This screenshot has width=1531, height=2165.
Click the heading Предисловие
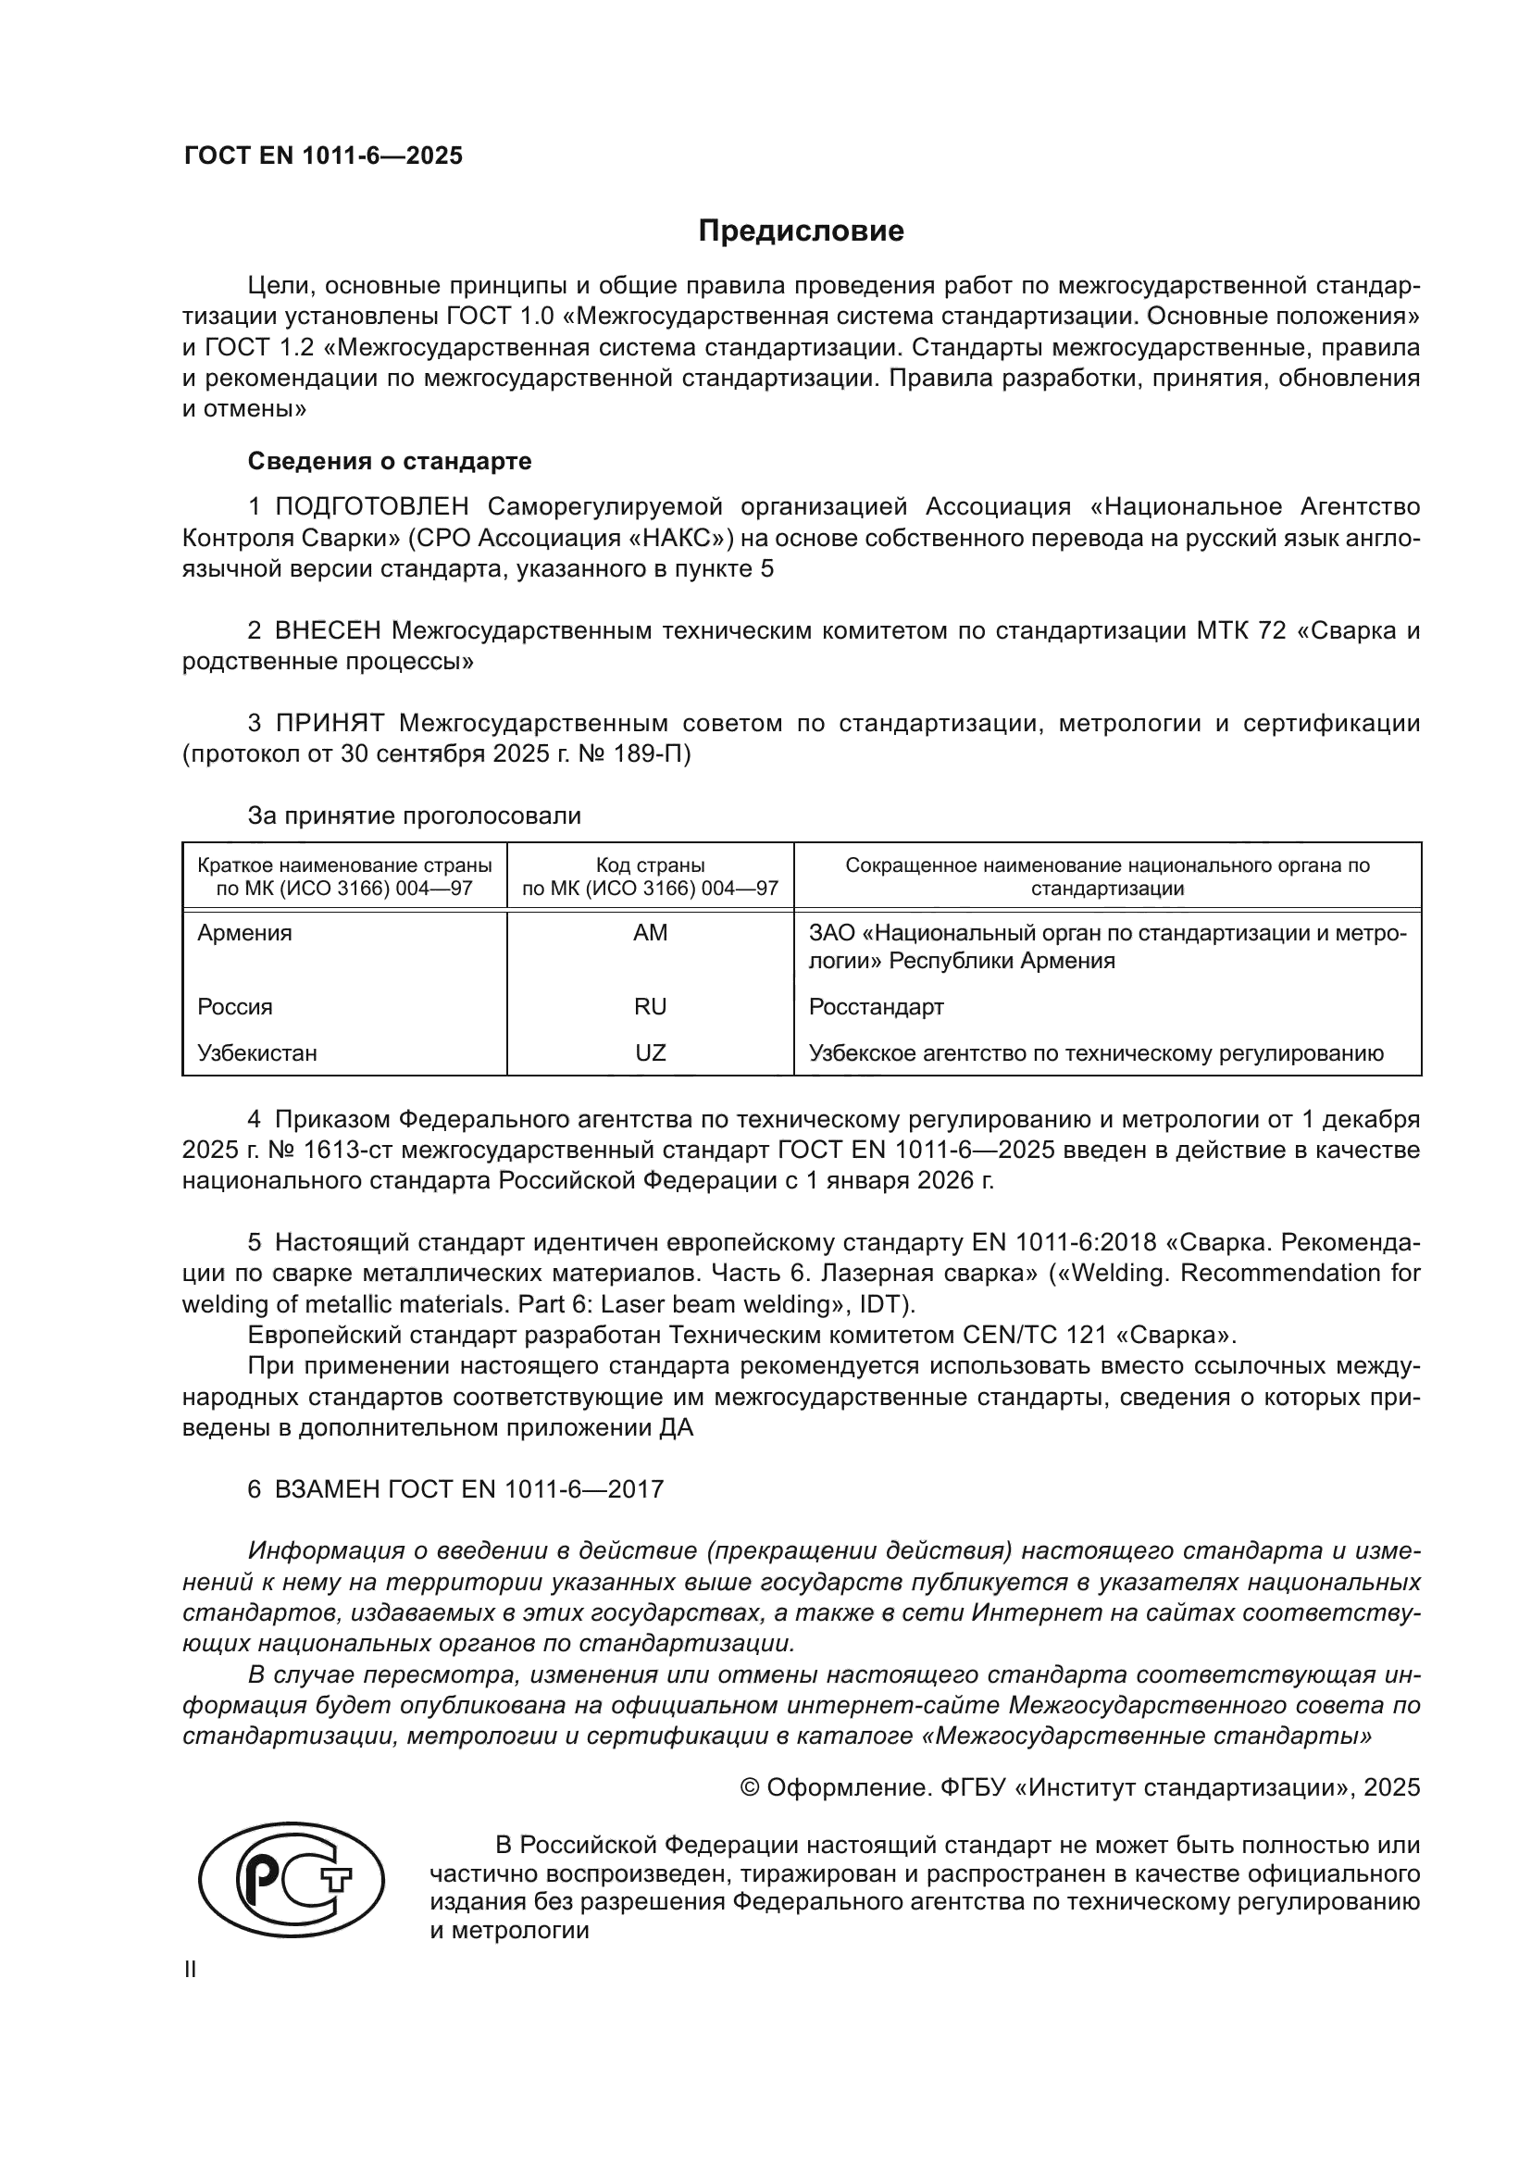pyautogui.click(x=801, y=231)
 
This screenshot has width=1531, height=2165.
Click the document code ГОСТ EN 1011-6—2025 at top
pyautogui.click(x=323, y=156)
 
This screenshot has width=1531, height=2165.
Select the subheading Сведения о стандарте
pyautogui.click(x=390, y=461)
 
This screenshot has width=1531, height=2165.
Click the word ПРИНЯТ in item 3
pyautogui.click(x=330, y=723)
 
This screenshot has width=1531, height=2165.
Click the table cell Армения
pyautogui.click(x=245, y=933)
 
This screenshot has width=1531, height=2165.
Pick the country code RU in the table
pyautogui.click(x=651, y=1006)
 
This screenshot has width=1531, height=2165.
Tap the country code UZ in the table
pyautogui.click(x=651, y=1052)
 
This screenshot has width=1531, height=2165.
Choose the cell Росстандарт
pyautogui.click(x=876, y=1006)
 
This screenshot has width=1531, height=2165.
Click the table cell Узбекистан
pyautogui.click(x=257, y=1052)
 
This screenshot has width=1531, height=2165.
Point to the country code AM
pyautogui.click(x=651, y=933)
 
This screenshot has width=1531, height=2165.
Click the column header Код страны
pyautogui.click(x=651, y=865)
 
